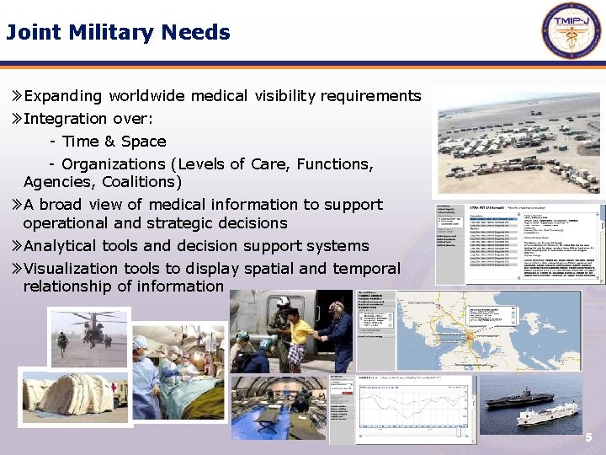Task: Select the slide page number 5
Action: (x=589, y=438)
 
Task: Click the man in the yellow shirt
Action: (x=297, y=332)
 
